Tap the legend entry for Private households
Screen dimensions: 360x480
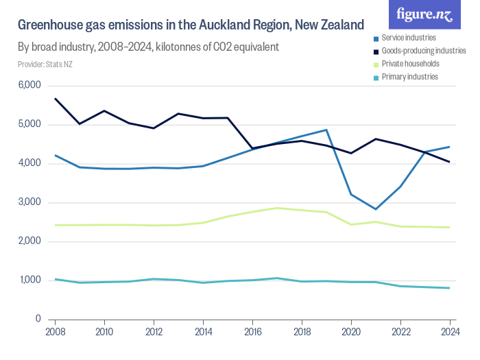[410, 64]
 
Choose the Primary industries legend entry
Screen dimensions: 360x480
[409, 77]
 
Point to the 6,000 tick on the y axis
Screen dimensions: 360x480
[29, 86]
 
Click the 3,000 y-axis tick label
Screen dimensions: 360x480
[29, 203]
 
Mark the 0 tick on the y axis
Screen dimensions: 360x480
[38, 320]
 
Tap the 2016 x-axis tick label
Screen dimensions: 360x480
[252, 333]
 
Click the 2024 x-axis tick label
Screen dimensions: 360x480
[449, 333]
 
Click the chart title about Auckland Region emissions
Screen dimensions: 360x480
[191, 26]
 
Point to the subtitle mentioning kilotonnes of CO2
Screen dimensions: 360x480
[148, 48]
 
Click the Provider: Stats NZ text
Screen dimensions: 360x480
[45, 64]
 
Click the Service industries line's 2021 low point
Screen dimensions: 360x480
[375, 209]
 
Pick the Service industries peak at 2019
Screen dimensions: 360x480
[326, 130]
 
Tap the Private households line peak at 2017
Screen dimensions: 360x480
[276, 208]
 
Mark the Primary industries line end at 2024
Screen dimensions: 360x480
[449, 288]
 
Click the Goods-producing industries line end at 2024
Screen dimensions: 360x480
[449, 162]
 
